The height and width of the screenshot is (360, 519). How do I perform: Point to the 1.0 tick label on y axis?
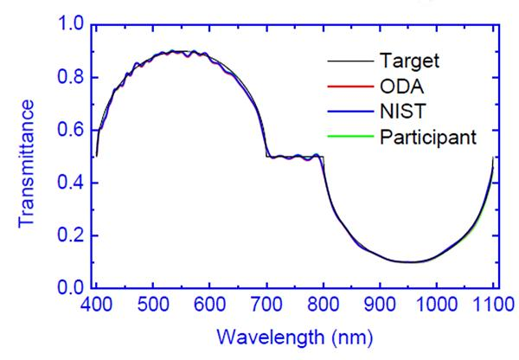pyautogui.click(x=69, y=25)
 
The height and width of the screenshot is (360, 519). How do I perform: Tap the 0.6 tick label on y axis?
pyautogui.click(x=69, y=130)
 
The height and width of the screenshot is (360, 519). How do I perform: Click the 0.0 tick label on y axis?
pyautogui.click(x=69, y=287)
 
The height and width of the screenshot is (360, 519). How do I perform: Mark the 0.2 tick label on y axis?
pyautogui.click(x=69, y=235)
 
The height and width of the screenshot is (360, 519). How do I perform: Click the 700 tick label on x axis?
pyautogui.click(x=266, y=306)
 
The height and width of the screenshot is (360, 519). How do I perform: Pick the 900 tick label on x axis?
pyautogui.click(x=379, y=306)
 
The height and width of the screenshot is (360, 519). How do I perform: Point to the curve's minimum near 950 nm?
pyautogui.click(x=407, y=261)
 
